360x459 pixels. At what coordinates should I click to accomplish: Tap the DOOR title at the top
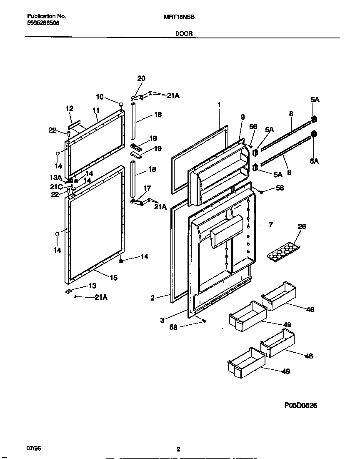point(184,34)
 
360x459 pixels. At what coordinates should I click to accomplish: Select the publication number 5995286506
point(43,23)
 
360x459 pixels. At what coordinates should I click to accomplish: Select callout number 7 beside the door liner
point(270,225)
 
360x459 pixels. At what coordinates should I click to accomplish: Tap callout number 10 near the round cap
point(100,97)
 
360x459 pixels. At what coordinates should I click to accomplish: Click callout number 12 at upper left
point(70,108)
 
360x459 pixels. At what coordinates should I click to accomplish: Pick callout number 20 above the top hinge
point(141,78)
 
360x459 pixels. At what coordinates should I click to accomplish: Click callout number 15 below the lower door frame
point(114,278)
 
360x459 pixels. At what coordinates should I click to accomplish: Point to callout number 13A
point(56,177)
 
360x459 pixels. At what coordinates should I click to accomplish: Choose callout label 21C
point(57,187)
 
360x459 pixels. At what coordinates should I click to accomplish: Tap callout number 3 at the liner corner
point(162,320)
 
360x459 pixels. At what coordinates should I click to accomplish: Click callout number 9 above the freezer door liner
point(242,118)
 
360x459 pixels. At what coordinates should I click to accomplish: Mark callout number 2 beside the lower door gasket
point(152,298)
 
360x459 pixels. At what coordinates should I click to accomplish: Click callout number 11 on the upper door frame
point(96,110)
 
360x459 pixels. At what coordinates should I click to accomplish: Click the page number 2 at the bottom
point(178,449)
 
